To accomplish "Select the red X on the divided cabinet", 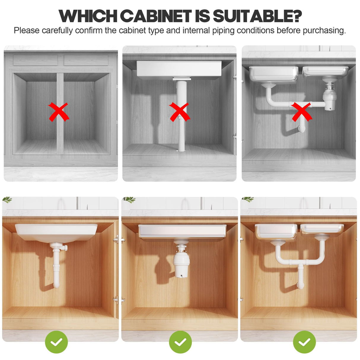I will point(58,112).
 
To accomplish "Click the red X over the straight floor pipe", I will point(179,112).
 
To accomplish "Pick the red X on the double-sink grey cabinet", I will point(302,111).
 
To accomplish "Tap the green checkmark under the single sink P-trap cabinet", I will point(56,342).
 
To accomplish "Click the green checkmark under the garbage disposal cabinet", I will point(180,342).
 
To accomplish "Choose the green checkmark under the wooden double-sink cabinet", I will point(304,342).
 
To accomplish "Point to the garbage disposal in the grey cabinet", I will point(329,98).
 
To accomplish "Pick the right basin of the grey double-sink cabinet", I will point(326,71).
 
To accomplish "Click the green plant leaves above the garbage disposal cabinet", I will point(130,200).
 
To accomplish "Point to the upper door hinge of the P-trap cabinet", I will point(116,239).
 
